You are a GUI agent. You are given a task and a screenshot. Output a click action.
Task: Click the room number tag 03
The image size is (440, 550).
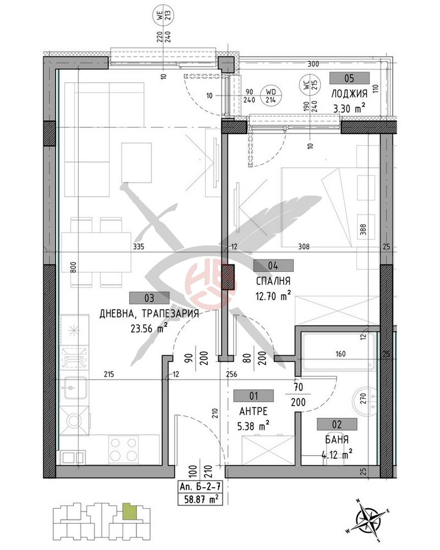(x=150, y=298)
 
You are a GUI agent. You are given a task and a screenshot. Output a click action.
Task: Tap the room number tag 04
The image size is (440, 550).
(x=273, y=265)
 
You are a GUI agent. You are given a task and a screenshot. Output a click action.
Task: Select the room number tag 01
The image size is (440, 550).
(x=254, y=396)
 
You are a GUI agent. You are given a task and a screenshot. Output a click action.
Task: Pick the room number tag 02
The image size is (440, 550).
(x=337, y=424)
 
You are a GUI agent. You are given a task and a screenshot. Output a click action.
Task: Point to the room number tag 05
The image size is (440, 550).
(x=349, y=78)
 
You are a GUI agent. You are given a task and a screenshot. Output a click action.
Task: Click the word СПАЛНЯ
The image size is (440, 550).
(x=273, y=281)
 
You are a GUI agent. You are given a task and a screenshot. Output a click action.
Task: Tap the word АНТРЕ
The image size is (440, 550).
(x=253, y=411)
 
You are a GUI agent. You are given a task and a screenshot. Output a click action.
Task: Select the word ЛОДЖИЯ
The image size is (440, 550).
(x=349, y=94)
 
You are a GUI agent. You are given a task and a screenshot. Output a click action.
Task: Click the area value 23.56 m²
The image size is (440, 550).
(x=149, y=328)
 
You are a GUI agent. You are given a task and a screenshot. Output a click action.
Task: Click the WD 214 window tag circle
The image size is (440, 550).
(x=271, y=95)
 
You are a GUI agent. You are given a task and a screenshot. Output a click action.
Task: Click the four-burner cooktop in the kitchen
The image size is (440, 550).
(x=123, y=449)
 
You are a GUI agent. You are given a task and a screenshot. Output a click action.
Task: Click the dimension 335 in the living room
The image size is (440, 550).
(x=139, y=246)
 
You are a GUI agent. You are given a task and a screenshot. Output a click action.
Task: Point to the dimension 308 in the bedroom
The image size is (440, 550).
(x=304, y=246)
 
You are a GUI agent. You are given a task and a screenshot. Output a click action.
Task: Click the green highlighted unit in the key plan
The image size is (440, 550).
(x=128, y=511)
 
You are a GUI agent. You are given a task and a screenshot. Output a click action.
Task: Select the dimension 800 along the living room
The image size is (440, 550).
(x=73, y=268)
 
